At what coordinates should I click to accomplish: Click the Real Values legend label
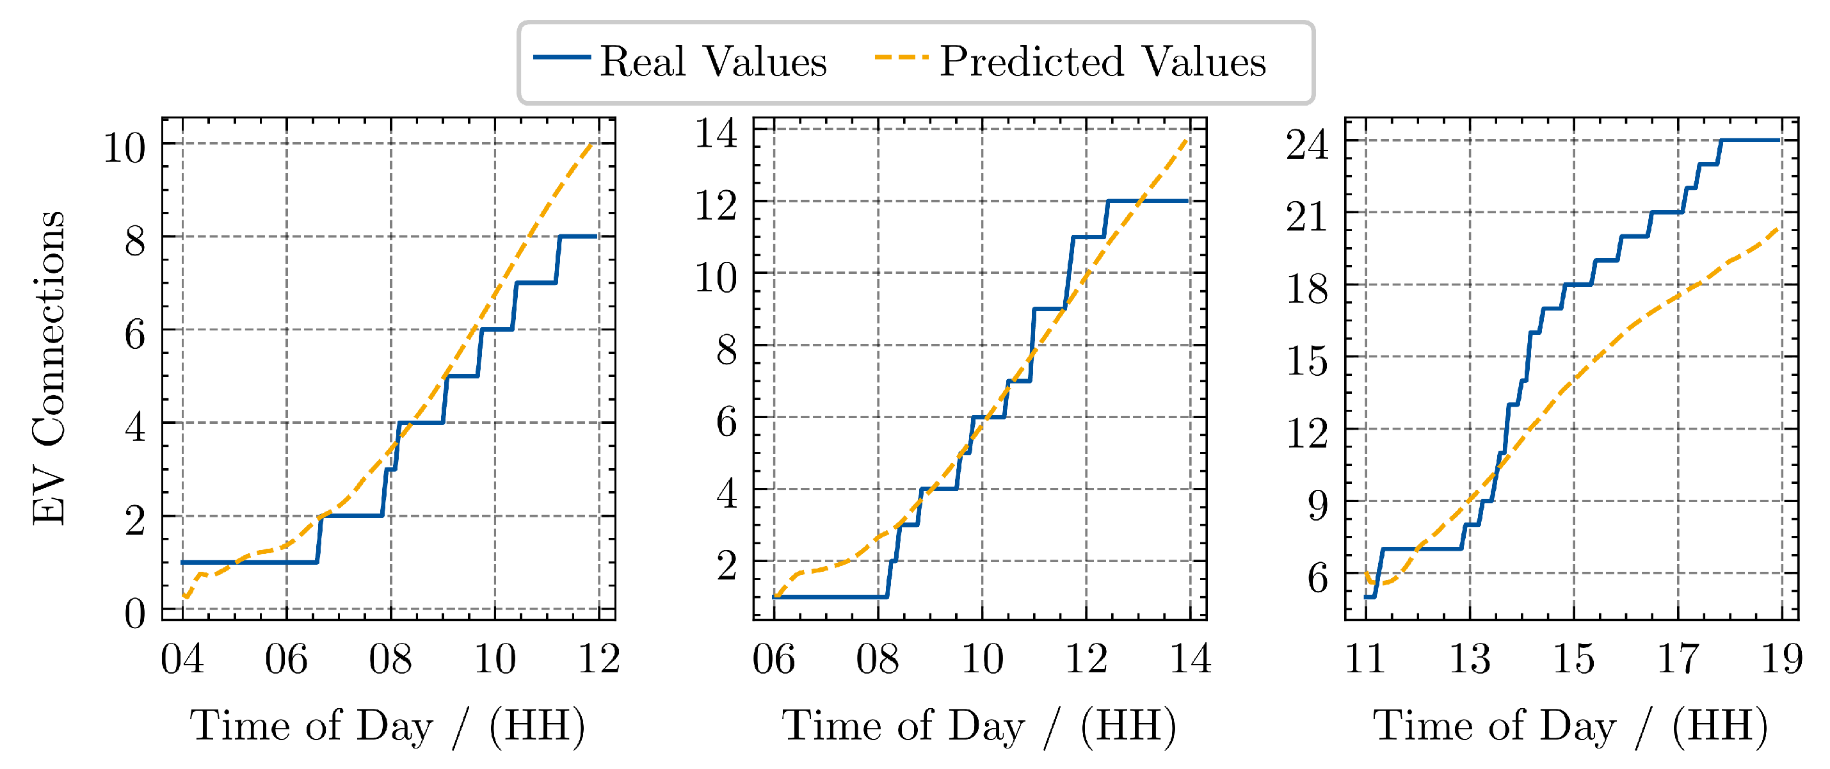click(x=713, y=62)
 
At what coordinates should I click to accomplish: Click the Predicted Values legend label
click(x=1103, y=62)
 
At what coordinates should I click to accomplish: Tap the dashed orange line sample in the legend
click(x=901, y=57)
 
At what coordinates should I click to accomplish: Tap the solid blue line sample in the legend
click(x=561, y=57)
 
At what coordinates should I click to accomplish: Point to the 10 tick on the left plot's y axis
click(x=124, y=149)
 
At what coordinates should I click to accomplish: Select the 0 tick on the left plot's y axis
click(x=135, y=613)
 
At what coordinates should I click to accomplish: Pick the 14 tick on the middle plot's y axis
click(x=716, y=134)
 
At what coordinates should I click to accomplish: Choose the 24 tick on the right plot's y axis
click(x=1307, y=145)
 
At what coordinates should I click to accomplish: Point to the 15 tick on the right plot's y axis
click(x=1307, y=361)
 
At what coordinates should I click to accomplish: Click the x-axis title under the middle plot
click(x=979, y=725)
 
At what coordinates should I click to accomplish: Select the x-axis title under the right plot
click(x=1570, y=725)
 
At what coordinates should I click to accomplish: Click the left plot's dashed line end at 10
click(x=591, y=145)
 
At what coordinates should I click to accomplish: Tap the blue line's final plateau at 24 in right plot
click(x=1751, y=140)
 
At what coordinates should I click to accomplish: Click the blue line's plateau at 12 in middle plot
click(x=1147, y=201)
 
